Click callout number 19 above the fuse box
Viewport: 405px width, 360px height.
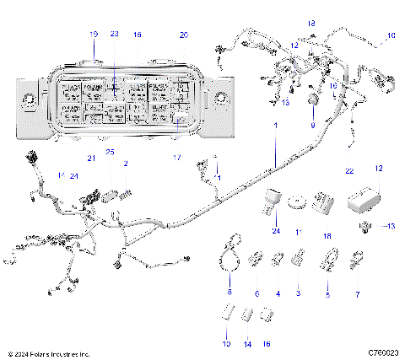[x=94, y=35]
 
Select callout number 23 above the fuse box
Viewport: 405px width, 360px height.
[x=115, y=35]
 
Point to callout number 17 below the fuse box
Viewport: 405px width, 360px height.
[x=175, y=158]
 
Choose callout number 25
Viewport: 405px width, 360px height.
[x=110, y=152]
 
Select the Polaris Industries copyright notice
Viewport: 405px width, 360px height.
[x=47, y=352]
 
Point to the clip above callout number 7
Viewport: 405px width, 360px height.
[x=358, y=256]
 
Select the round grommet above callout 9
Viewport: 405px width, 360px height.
[x=313, y=104]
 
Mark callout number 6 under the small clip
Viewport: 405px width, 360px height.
[x=256, y=293]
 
